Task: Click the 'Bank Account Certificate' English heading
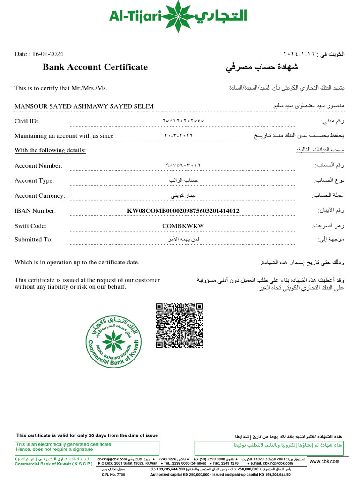[x=95, y=67]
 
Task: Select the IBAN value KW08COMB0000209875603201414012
[x=183, y=211]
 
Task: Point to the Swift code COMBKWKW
[x=183, y=226]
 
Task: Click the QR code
[x=180, y=325]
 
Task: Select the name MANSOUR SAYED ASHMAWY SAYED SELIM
[x=84, y=106]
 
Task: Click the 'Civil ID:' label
[x=26, y=121]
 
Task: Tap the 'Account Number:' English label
[x=38, y=166]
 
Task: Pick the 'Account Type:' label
[x=34, y=181]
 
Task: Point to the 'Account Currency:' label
[x=40, y=196]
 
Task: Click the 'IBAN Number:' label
[x=35, y=211]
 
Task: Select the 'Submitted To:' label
[x=33, y=240]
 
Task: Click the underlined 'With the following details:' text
[x=50, y=150]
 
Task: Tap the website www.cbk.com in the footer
[x=324, y=462]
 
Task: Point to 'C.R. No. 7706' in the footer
[x=113, y=474]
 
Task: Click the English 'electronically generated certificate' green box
[x=87, y=448]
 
